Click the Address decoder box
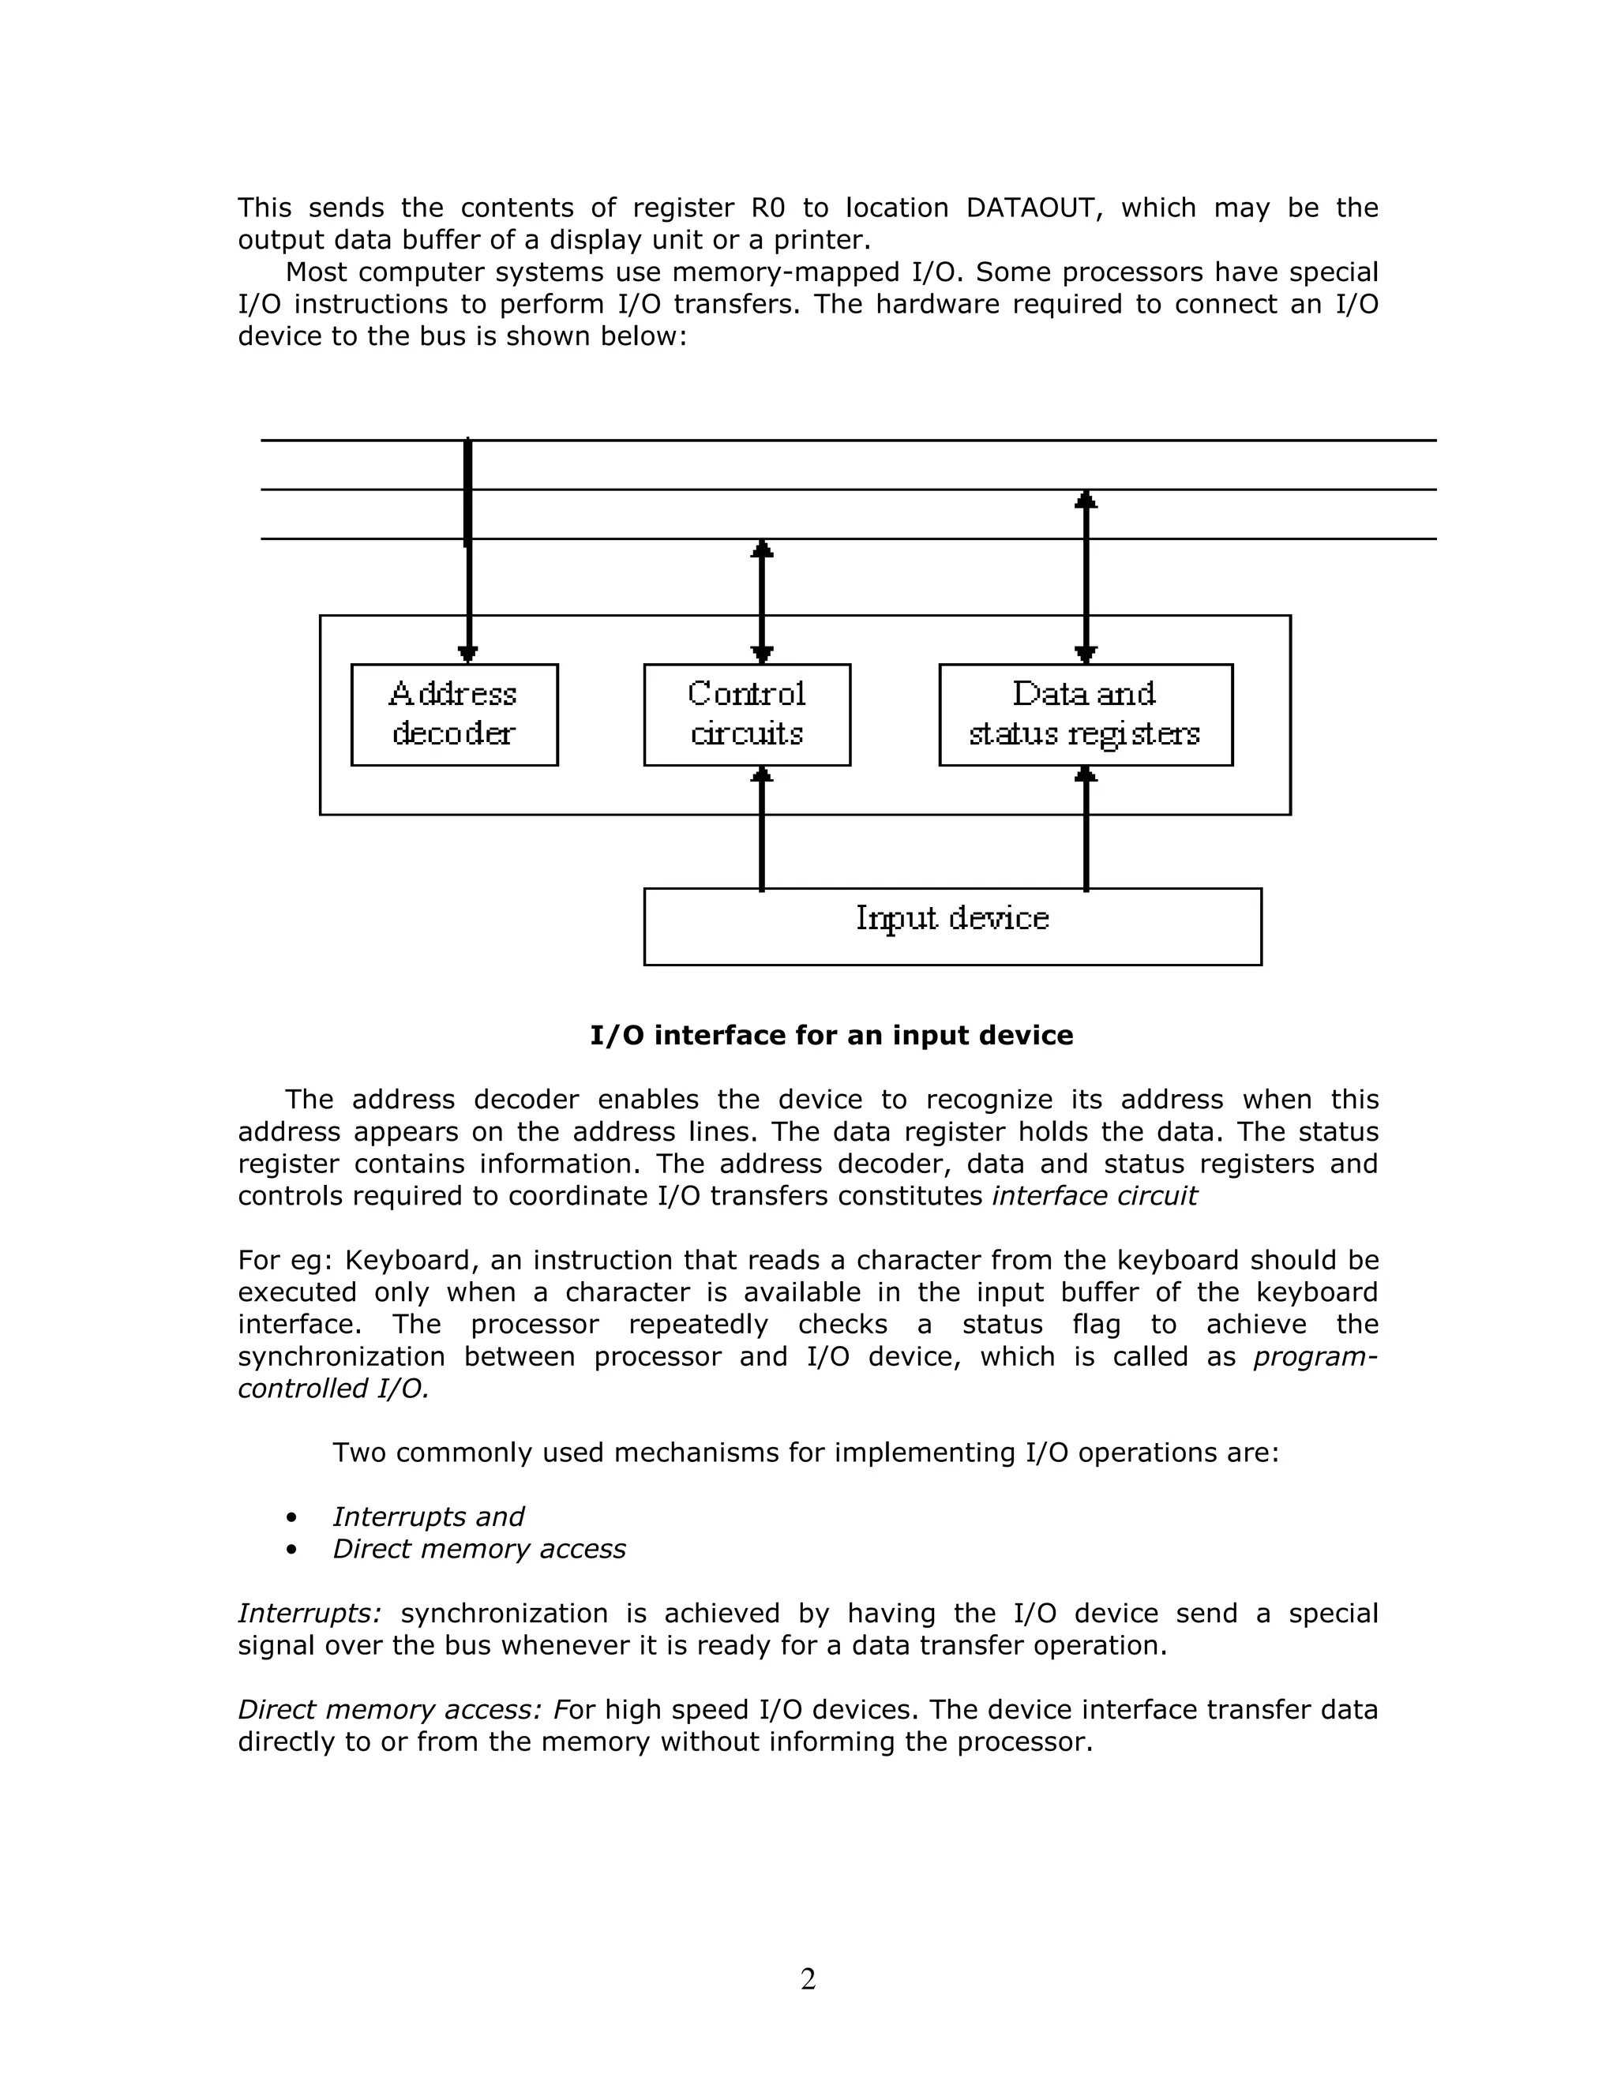tap(454, 714)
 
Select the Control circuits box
tap(746, 714)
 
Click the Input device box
tap(951, 926)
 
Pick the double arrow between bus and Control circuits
tap(762, 601)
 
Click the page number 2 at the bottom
tap(808, 1978)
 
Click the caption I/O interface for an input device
tap(831, 1036)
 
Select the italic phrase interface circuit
tap(1094, 1196)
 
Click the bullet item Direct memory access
tap(479, 1549)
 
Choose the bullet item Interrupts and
tap(427, 1517)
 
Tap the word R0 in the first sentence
tap(768, 208)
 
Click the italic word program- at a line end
tap(1315, 1357)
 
